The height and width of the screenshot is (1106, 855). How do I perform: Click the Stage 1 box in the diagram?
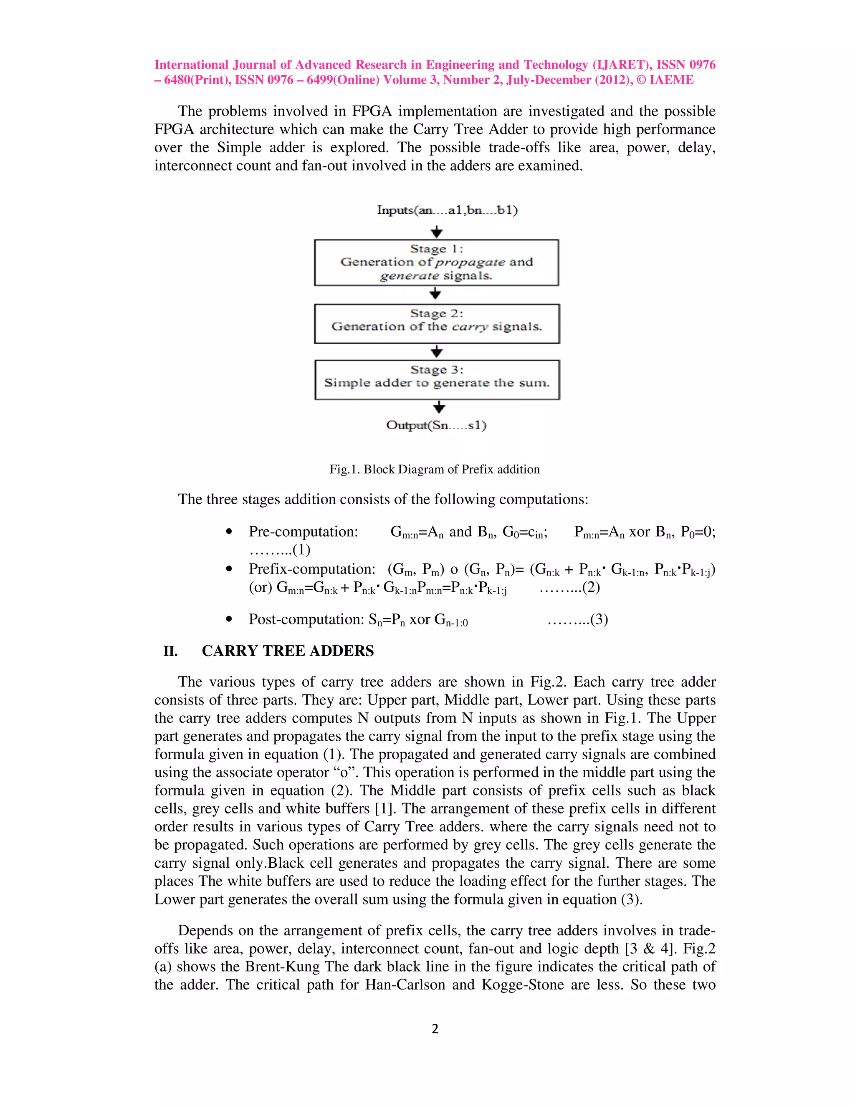pos(436,263)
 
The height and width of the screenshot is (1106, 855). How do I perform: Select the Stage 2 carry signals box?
pos(436,323)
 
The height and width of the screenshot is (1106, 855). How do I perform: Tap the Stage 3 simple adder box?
pos(437,380)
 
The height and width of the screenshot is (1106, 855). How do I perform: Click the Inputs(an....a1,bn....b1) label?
pos(447,210)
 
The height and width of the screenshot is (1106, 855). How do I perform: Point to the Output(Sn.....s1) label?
pos(436,425)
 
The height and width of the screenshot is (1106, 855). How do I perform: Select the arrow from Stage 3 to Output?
pos(439,407)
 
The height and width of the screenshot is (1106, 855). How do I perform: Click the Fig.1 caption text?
pos(434,470)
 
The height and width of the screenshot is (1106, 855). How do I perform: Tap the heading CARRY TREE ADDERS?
pos(288,651)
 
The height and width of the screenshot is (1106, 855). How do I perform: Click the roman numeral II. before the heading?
pos(171,651)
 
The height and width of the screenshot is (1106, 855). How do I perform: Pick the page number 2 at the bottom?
pos(435,1028)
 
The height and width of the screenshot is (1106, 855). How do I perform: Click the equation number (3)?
pos(599,619)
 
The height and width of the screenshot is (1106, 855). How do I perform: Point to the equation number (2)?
pos(591,588)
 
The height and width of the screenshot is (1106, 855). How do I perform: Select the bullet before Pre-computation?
pos(229,532)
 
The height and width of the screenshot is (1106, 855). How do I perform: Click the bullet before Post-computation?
pos(229,619)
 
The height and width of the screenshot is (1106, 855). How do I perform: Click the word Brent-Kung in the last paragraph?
pos(283,966)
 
